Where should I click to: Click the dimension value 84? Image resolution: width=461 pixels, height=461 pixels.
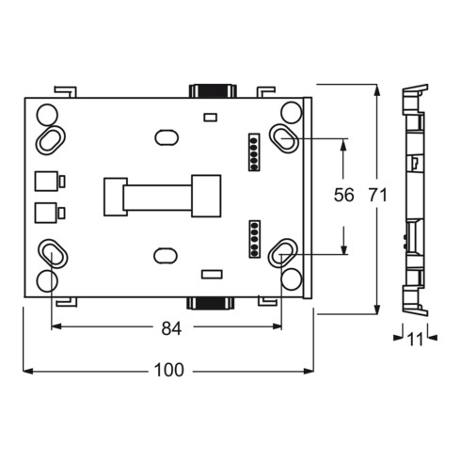tap(171, 328)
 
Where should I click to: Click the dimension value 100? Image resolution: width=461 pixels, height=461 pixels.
tap(169, 370)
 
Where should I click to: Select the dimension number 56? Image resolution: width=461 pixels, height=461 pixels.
tap(343, 195)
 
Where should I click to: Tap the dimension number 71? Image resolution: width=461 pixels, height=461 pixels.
tap(378, 195)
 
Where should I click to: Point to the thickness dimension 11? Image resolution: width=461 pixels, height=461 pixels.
tap(415, 340)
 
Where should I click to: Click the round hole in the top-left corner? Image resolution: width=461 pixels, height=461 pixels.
tap(47, 115)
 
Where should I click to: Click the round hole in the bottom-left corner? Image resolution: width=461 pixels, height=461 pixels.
tap(47, 280)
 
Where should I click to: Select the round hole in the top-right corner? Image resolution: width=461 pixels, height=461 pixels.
tap(291, 112)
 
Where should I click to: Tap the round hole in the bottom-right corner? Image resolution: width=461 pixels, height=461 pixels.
tap(292, 279)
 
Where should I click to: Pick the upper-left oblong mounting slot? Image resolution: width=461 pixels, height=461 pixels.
tap(51, 140)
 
